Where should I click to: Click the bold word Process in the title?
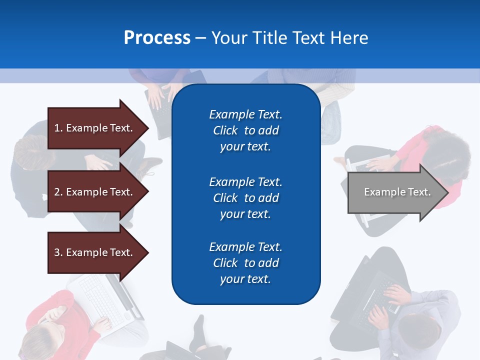click(x=157, y=38)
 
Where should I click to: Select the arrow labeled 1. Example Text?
click(x=95, y=128)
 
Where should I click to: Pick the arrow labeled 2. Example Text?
click(x=95, y=192)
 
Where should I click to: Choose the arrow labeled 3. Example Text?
click(x=95, y=252)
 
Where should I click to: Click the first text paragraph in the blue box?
click(x=245, y=130)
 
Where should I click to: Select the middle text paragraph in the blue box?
click(x=245, y=198)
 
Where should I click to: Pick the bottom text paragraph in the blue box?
click(x=245, y=263)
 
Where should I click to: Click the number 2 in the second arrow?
click(x=56, y=192)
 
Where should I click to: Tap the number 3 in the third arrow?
click(x=56, y=252)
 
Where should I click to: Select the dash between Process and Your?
click(x=201, y=38)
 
